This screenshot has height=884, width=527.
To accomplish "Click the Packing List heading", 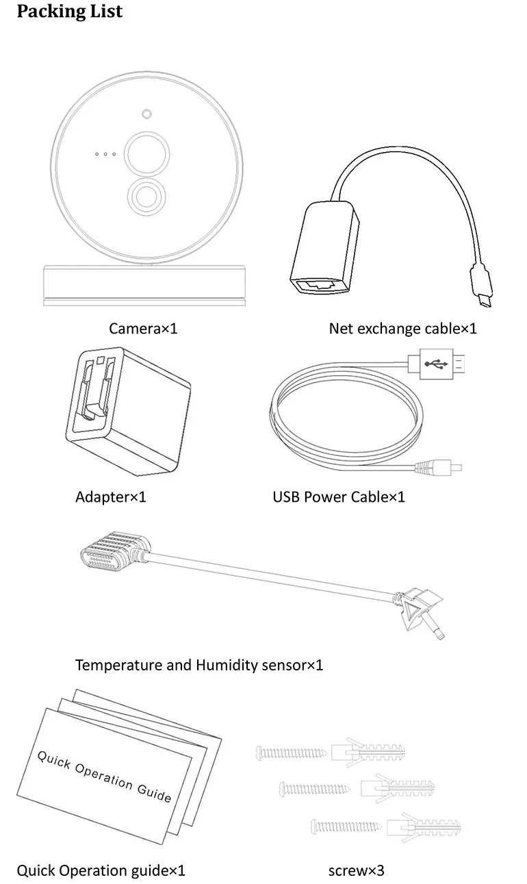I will click(x=70, y=12).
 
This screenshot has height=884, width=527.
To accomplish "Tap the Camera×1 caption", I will click(x=143, y=328).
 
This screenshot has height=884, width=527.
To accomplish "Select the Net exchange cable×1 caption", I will click(x=402, y=328).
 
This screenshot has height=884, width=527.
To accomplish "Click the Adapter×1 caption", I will click(x=110, y=496).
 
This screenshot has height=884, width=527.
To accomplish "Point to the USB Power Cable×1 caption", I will click(x=339, y=496).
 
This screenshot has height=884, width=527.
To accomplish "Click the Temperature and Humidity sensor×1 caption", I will click(x=198, y=664).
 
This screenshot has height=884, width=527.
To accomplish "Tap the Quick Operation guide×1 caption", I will click(x=101, y=871).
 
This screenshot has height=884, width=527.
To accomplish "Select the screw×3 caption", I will click(x=356, y=871).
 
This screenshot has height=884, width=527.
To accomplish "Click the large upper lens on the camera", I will click(x=146, y=152).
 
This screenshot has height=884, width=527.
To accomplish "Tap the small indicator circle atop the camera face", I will click(x=146, y=114).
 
